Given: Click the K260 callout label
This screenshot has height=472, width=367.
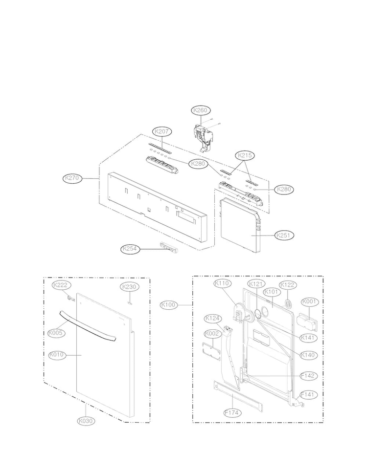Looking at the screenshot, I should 201,110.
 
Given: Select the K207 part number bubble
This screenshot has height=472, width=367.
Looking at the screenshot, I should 162,131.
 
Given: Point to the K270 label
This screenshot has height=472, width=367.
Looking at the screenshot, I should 72,178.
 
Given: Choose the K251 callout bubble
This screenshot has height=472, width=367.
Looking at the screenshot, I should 284,236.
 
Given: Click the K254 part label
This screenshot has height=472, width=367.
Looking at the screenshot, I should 131,249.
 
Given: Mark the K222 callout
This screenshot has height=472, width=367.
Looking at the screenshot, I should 61,285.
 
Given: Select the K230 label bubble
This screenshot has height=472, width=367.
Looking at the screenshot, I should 129,287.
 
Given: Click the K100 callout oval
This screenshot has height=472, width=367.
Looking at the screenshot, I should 169,305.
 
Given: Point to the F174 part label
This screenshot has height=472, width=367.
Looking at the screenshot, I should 233,412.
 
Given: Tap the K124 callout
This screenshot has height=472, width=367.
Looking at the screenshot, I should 213,319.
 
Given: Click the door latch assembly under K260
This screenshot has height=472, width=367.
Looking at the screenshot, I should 205,134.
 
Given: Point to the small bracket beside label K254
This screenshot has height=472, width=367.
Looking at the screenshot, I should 168,247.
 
